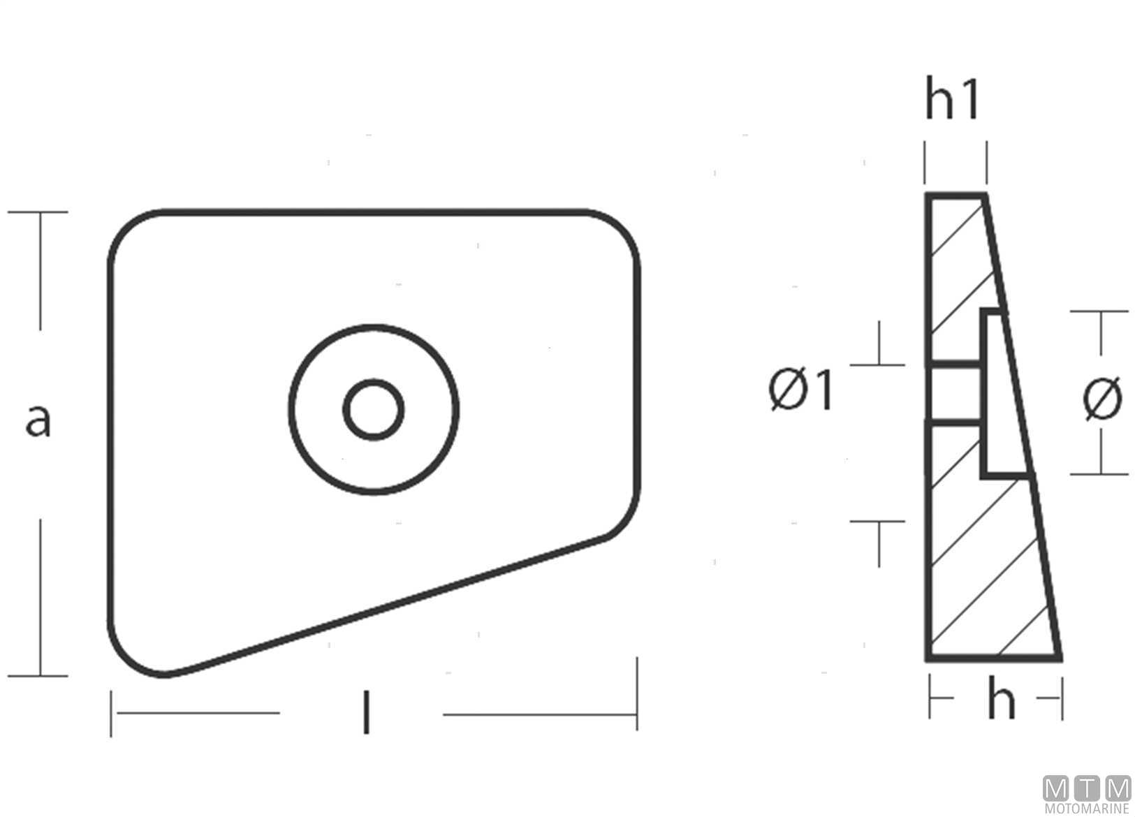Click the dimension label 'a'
pyautogui.click(x=38, y=420)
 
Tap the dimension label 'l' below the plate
pyautogui.click(x=366, y=713)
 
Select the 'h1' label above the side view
pyautogui.click(x=952, y=98)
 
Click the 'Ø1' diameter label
pyautogui.click(x=800, y=389)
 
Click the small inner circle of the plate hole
pyautogui.click(x=374, y=409)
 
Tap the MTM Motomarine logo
pyautogui.click(x=1088, y=794)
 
